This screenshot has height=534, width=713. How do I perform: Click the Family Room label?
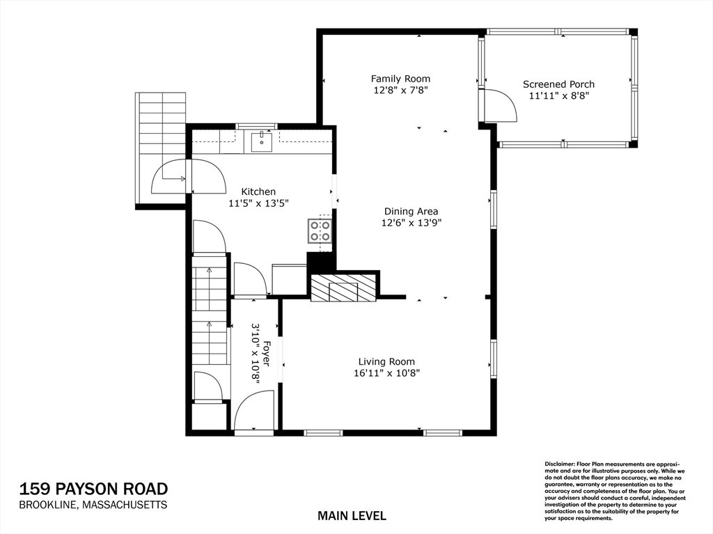pos(400,79)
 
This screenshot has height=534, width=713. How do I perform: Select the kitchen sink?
pos(261,141)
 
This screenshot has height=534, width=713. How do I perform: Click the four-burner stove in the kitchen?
pos(320,230)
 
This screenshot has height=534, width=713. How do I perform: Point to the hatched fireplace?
pos(343,288)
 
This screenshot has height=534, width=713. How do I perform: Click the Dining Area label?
pos(411,212)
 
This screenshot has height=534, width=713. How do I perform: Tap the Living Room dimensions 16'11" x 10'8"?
pos(386,373)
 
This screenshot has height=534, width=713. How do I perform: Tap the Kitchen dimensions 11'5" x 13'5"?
pos(258,203)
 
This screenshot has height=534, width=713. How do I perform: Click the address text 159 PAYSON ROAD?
pos(93,489)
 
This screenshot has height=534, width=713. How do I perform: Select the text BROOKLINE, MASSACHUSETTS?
pos(93,505)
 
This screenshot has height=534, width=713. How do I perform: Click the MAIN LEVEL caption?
pos(352,516)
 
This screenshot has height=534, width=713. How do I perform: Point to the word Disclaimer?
pos(558,464)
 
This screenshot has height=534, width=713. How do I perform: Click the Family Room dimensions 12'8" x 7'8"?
pos(400,90)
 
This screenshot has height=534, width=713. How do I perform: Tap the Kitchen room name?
pos(258,191)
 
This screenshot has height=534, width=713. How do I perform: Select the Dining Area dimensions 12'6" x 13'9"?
pos(411,223)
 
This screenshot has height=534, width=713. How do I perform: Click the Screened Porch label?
pos(558,84)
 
